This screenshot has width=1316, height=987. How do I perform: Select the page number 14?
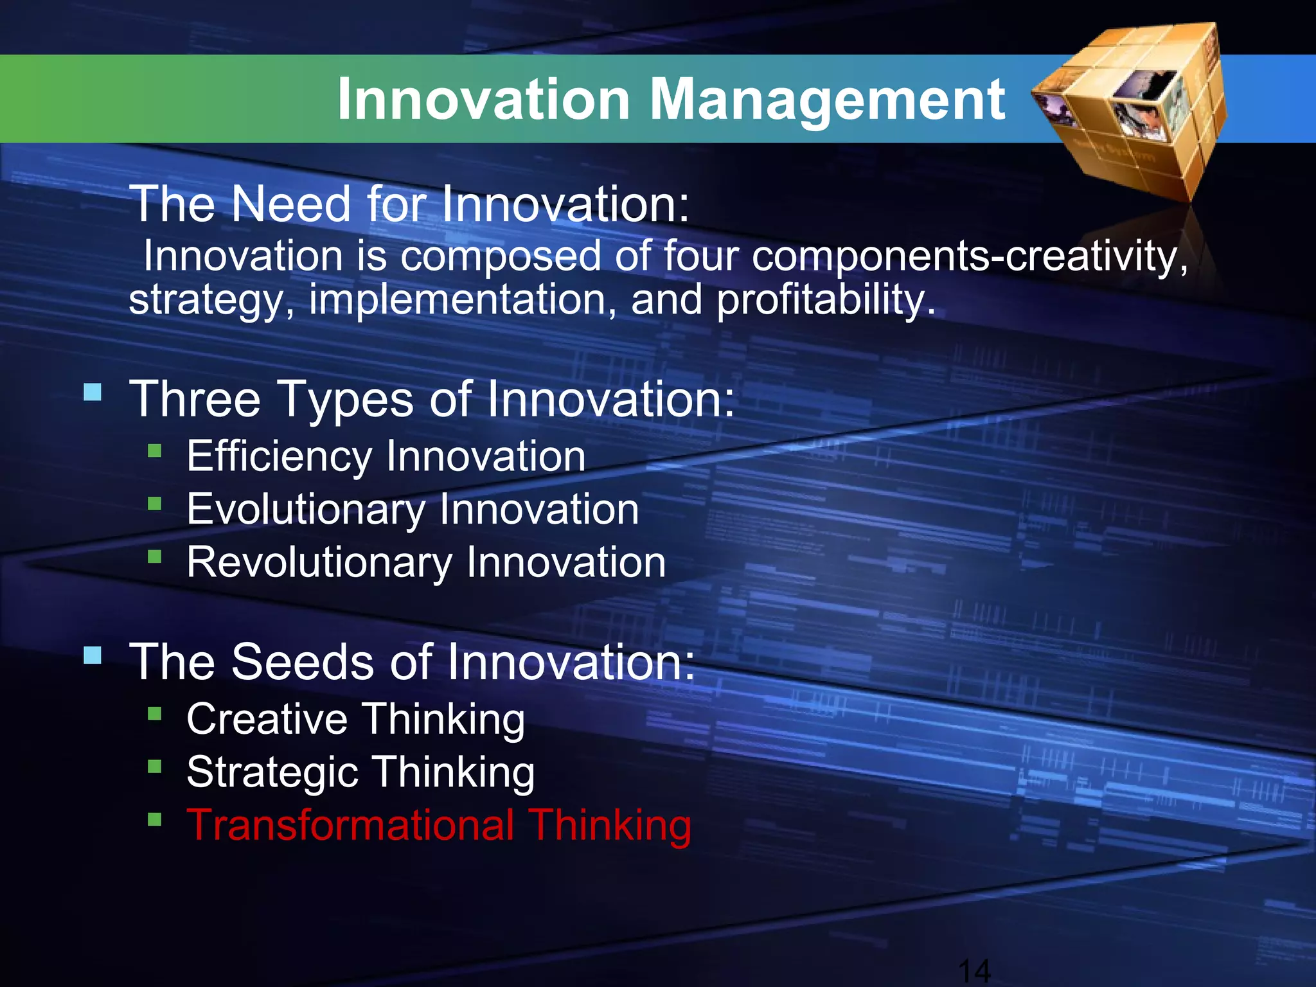974,970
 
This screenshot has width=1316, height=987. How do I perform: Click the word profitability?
826,301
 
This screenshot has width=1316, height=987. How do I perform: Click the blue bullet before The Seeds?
93,655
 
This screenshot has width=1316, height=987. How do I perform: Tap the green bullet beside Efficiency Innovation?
154,450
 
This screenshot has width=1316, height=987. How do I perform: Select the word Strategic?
272,772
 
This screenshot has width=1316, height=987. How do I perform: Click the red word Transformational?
350,825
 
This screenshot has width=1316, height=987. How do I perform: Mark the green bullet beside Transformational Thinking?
154,819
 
